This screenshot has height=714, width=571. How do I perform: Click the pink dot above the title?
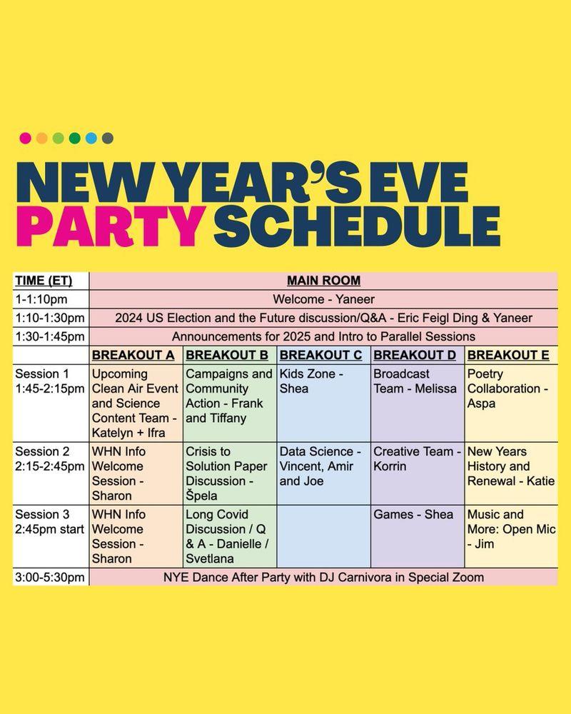pyautogui.click(x=26, y=138)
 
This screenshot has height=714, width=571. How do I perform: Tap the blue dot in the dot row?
pyautogui.click(x=91, y=138)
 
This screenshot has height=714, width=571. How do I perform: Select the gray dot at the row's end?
pyautogui.click(x=108, y=138)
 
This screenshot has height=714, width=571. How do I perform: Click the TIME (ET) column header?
pyautogui.click(x=44, y=281)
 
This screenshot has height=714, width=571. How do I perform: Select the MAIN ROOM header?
pyautogui.click(x=324, y=281)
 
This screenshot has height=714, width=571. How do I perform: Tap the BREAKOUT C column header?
pyautogui.click(x=321, y=355)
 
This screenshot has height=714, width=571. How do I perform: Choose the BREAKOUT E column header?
pyautogui.click(x=508, y=355)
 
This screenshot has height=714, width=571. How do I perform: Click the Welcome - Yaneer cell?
pyautogui.click(x=324, y=299)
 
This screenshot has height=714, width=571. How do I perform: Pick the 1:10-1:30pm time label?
pyautogui.click(x=50, y=318)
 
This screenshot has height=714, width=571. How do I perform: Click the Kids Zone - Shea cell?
pyautogui.click(x=324, y=403)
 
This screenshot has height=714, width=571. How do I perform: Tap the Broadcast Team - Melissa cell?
pyautogui.click(x=418, y=403)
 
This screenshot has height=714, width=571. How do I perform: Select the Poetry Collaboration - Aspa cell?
pyautogui.click(x=511, y=403)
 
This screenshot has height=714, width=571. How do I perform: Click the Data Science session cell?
pyautogui.click(x=324, y=473)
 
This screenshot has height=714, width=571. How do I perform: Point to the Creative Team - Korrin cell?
pyautogui.click(x=418, y=473)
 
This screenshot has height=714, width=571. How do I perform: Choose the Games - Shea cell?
pyautogui.click(x=418, y=536)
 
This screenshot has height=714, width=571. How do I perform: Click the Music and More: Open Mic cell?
pyautogui.click(x=511, y=536)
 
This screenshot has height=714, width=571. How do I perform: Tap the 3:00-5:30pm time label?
pyautogui.click(x=50, y=578)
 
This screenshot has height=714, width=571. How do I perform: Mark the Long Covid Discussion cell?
pyautogui.click(x=230, y=536)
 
